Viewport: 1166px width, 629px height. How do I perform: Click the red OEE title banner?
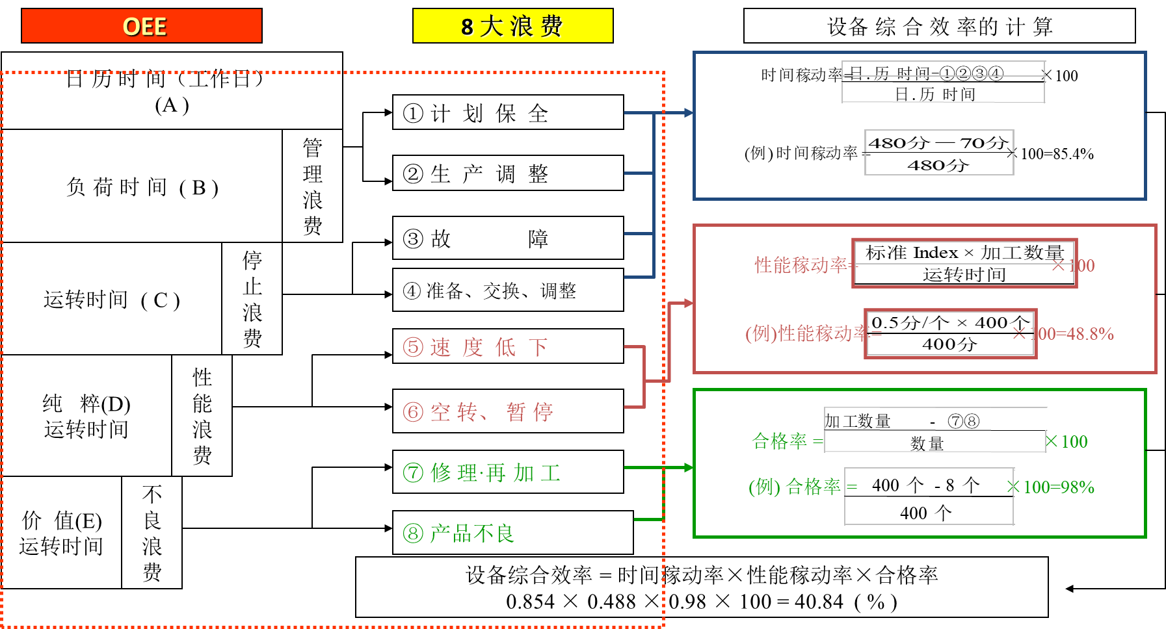(142, 26)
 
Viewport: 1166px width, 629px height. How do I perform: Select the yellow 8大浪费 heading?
(512, 26)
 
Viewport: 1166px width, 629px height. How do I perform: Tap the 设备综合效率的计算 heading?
(939, 26)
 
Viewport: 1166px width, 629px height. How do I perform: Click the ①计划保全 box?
(508, 112)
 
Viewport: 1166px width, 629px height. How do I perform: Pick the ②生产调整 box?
(508, 173)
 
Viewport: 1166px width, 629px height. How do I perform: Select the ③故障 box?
(508, 238)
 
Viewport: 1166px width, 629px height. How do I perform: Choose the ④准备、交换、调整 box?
(508, 290)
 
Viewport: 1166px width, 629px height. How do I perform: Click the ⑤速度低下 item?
(508, 346)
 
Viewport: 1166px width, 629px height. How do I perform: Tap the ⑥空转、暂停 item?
(508, 411)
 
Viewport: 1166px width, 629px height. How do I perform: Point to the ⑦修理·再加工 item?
(508, 472)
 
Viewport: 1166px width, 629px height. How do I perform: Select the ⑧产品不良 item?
(512, 533)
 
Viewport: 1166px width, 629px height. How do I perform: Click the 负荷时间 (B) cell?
(142, 186)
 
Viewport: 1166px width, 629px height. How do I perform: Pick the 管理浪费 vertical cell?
(312, 186)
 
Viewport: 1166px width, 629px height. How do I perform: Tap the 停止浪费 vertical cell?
(252, 299)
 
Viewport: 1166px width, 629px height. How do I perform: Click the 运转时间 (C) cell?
(112, 299)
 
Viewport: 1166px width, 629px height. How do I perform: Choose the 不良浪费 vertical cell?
(152, 533)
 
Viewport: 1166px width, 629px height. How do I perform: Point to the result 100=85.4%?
(1057, 154)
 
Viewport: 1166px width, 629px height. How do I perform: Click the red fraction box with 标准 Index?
(964, 263)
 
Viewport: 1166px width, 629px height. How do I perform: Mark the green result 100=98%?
(1059, 487)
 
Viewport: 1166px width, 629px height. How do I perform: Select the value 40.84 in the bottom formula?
(819, 602)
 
